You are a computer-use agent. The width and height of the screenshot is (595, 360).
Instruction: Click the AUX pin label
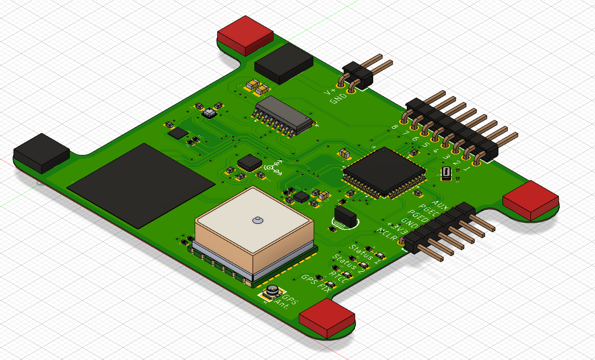[439, 204]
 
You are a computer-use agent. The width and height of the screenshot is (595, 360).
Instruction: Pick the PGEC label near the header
[428, 212]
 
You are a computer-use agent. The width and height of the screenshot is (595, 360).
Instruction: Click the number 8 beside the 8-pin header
[395, 127]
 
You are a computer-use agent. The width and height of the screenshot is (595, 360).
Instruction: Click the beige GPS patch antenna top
[254, 218]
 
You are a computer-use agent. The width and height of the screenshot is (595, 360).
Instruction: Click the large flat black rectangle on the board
[141, 184]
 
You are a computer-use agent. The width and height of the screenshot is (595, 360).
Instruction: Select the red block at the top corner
[245, 34]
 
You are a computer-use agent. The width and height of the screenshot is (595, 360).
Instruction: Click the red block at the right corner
[530, 200]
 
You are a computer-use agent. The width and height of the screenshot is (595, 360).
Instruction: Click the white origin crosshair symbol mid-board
[273, 167]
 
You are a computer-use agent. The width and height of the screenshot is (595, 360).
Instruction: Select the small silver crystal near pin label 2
[446, 173]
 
